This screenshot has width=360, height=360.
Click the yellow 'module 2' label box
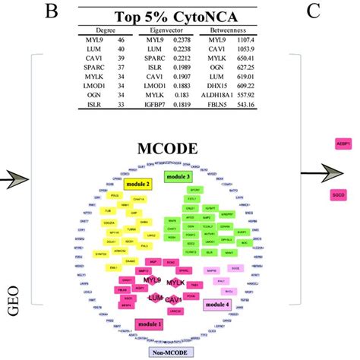pyautogui.click(x=137, y=184)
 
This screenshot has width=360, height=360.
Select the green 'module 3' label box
pyautogui.click(x=179, y=176)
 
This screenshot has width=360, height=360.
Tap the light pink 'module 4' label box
pyautogui.click(x=218, y=305)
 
